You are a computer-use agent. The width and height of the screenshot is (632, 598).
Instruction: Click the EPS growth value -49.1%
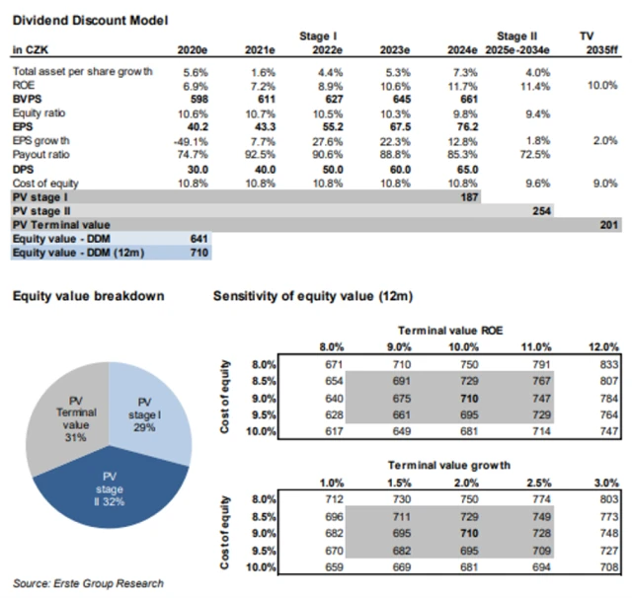coord(194,141)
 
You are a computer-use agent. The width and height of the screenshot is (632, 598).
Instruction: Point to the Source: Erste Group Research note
coord(88,583)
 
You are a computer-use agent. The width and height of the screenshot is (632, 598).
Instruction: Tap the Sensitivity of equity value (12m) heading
coord(316,296)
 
